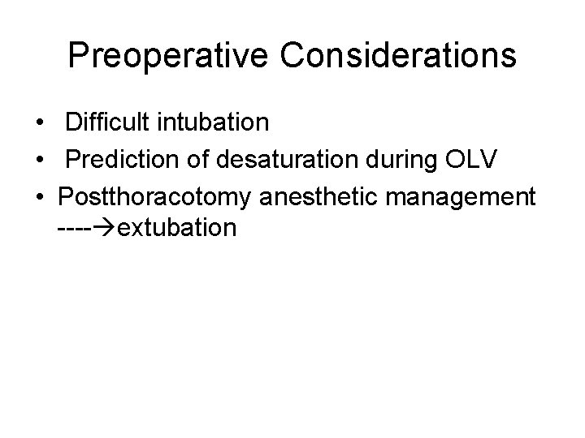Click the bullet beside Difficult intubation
39,123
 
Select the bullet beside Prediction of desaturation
39,160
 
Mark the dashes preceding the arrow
76,229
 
